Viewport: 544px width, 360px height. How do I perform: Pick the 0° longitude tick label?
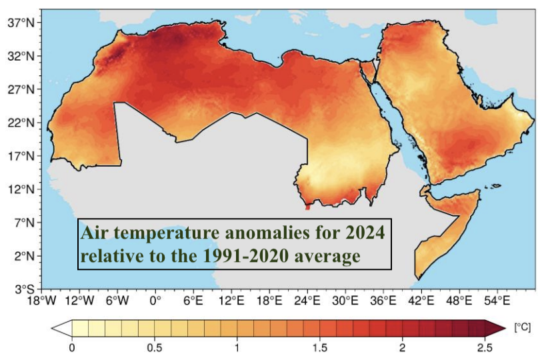(x=156, y=301)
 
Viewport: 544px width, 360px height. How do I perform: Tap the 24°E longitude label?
(x=308, y=301)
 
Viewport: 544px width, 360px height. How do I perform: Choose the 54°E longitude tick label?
(x=497, y=301)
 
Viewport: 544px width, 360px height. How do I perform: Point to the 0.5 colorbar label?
(x=155, y=347)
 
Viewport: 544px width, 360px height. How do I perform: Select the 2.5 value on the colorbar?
(x=485, y=347)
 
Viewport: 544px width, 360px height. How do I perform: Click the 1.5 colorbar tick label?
(x=320, y=347)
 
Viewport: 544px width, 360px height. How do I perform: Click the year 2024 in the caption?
(x=365, y=234)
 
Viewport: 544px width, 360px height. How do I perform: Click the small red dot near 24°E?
(x=307, y=207)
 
